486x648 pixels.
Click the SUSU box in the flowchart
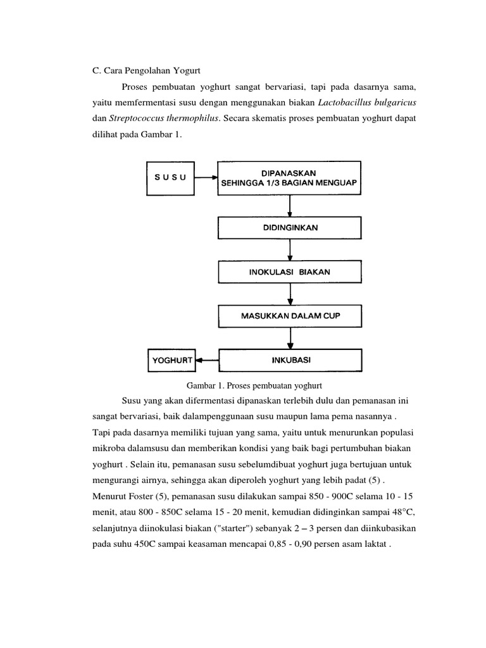(x=170, y=177)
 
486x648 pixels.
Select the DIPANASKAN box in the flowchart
(x=290, y=177)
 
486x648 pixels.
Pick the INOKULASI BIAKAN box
(x=290, y=272)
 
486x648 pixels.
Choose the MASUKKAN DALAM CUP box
(x=290, y=316)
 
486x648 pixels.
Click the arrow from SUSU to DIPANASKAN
(x=206, y=177)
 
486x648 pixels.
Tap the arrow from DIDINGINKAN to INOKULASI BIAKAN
(x=290, y=250)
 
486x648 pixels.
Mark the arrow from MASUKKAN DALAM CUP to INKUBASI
(x=290, y=338)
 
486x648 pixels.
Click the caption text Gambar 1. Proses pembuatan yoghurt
(x=255, y=384)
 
